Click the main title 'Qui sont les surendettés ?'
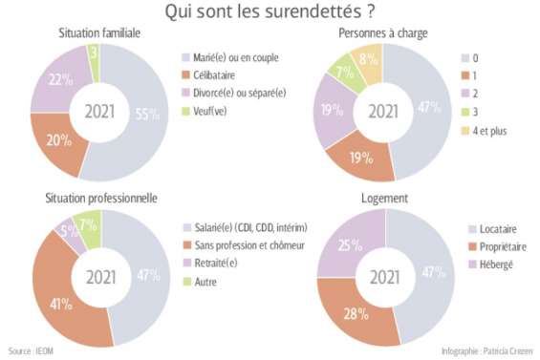coord(270,12)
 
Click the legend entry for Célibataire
coord(214,75)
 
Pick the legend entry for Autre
coord(205,281)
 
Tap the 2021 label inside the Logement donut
coord(384,279)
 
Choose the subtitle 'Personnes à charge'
coord(382,32)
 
